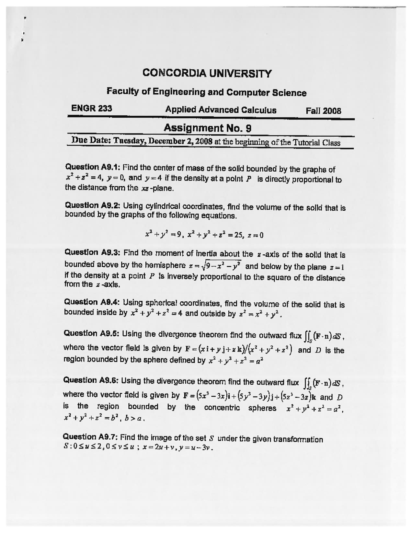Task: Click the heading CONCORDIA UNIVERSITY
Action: (x=207, y=73)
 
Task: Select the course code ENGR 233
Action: (x=92, y=109)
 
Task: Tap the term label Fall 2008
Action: (x=323, y=111)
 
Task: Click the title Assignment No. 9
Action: (x=207, y=128)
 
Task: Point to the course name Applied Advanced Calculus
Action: (x=221, y=110)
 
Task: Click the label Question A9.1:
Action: (x=92, y=167)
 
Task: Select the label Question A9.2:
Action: (x=92, y=206)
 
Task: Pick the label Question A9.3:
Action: (x=92, y=253)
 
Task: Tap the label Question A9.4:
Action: (x=92, y=302)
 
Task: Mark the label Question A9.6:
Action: (x=91, y=380)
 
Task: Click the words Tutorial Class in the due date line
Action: (x=316, y=143)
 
